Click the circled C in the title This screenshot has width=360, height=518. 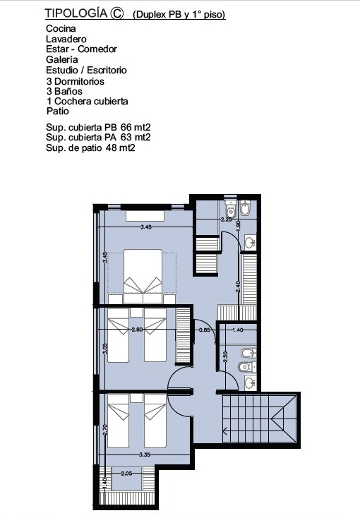[116, 13]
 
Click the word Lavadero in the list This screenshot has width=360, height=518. [66, 39]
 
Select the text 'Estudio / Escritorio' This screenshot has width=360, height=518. [86, 70]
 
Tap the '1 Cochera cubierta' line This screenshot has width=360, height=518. [88, 101]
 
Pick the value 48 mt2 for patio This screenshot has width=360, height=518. [120, 147]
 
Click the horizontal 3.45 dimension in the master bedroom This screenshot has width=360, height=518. [146, 227]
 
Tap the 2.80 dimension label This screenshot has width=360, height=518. [137, 330]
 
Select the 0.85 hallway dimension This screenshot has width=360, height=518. [205, 330]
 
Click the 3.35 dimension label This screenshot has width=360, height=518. [145, 454]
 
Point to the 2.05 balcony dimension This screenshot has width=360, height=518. [126, 474]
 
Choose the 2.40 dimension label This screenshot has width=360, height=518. [238, 286]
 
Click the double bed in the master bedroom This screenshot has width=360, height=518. [143, 277]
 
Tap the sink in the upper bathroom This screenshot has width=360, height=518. [251, 242]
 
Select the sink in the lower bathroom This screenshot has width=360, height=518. [251, 383]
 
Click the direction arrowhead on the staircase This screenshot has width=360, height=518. [225, 430]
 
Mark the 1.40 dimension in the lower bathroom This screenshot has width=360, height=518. [238, 330]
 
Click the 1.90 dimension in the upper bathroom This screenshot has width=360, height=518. [239, 225]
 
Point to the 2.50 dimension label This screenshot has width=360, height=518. [225, 357]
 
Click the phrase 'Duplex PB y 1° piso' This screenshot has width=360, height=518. [179, 15]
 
